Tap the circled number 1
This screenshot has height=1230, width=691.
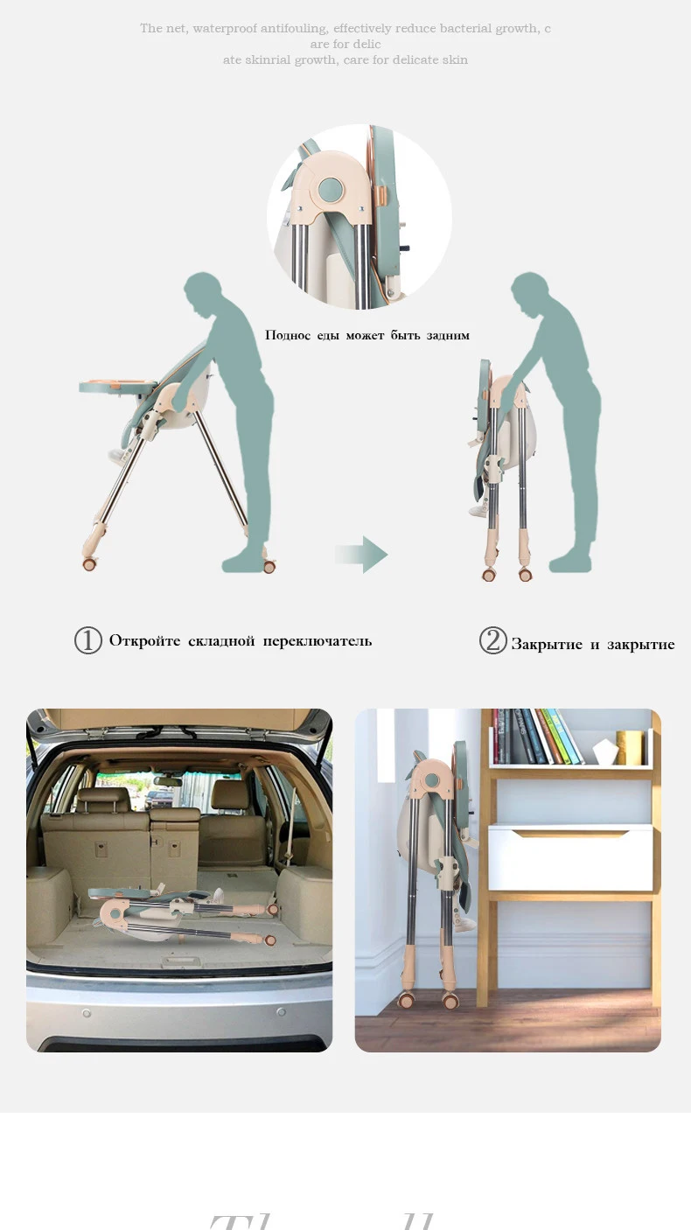(x=88, y=641)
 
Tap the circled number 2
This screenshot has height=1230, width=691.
(x=493, y=641)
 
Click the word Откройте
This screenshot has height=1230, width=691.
(x=144, y=641)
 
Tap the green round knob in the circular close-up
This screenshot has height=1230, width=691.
(x=332, y=189)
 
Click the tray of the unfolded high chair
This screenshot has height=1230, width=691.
(x=118, y=386)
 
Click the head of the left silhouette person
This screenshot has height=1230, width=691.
(x=203, y=290)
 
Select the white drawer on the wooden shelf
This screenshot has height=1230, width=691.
(x=569, y=858)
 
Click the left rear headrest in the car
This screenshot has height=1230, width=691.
(x=93, y=799)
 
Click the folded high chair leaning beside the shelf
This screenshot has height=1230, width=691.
(x=438, y=866)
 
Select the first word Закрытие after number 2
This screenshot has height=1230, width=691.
(x=547, y=645)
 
